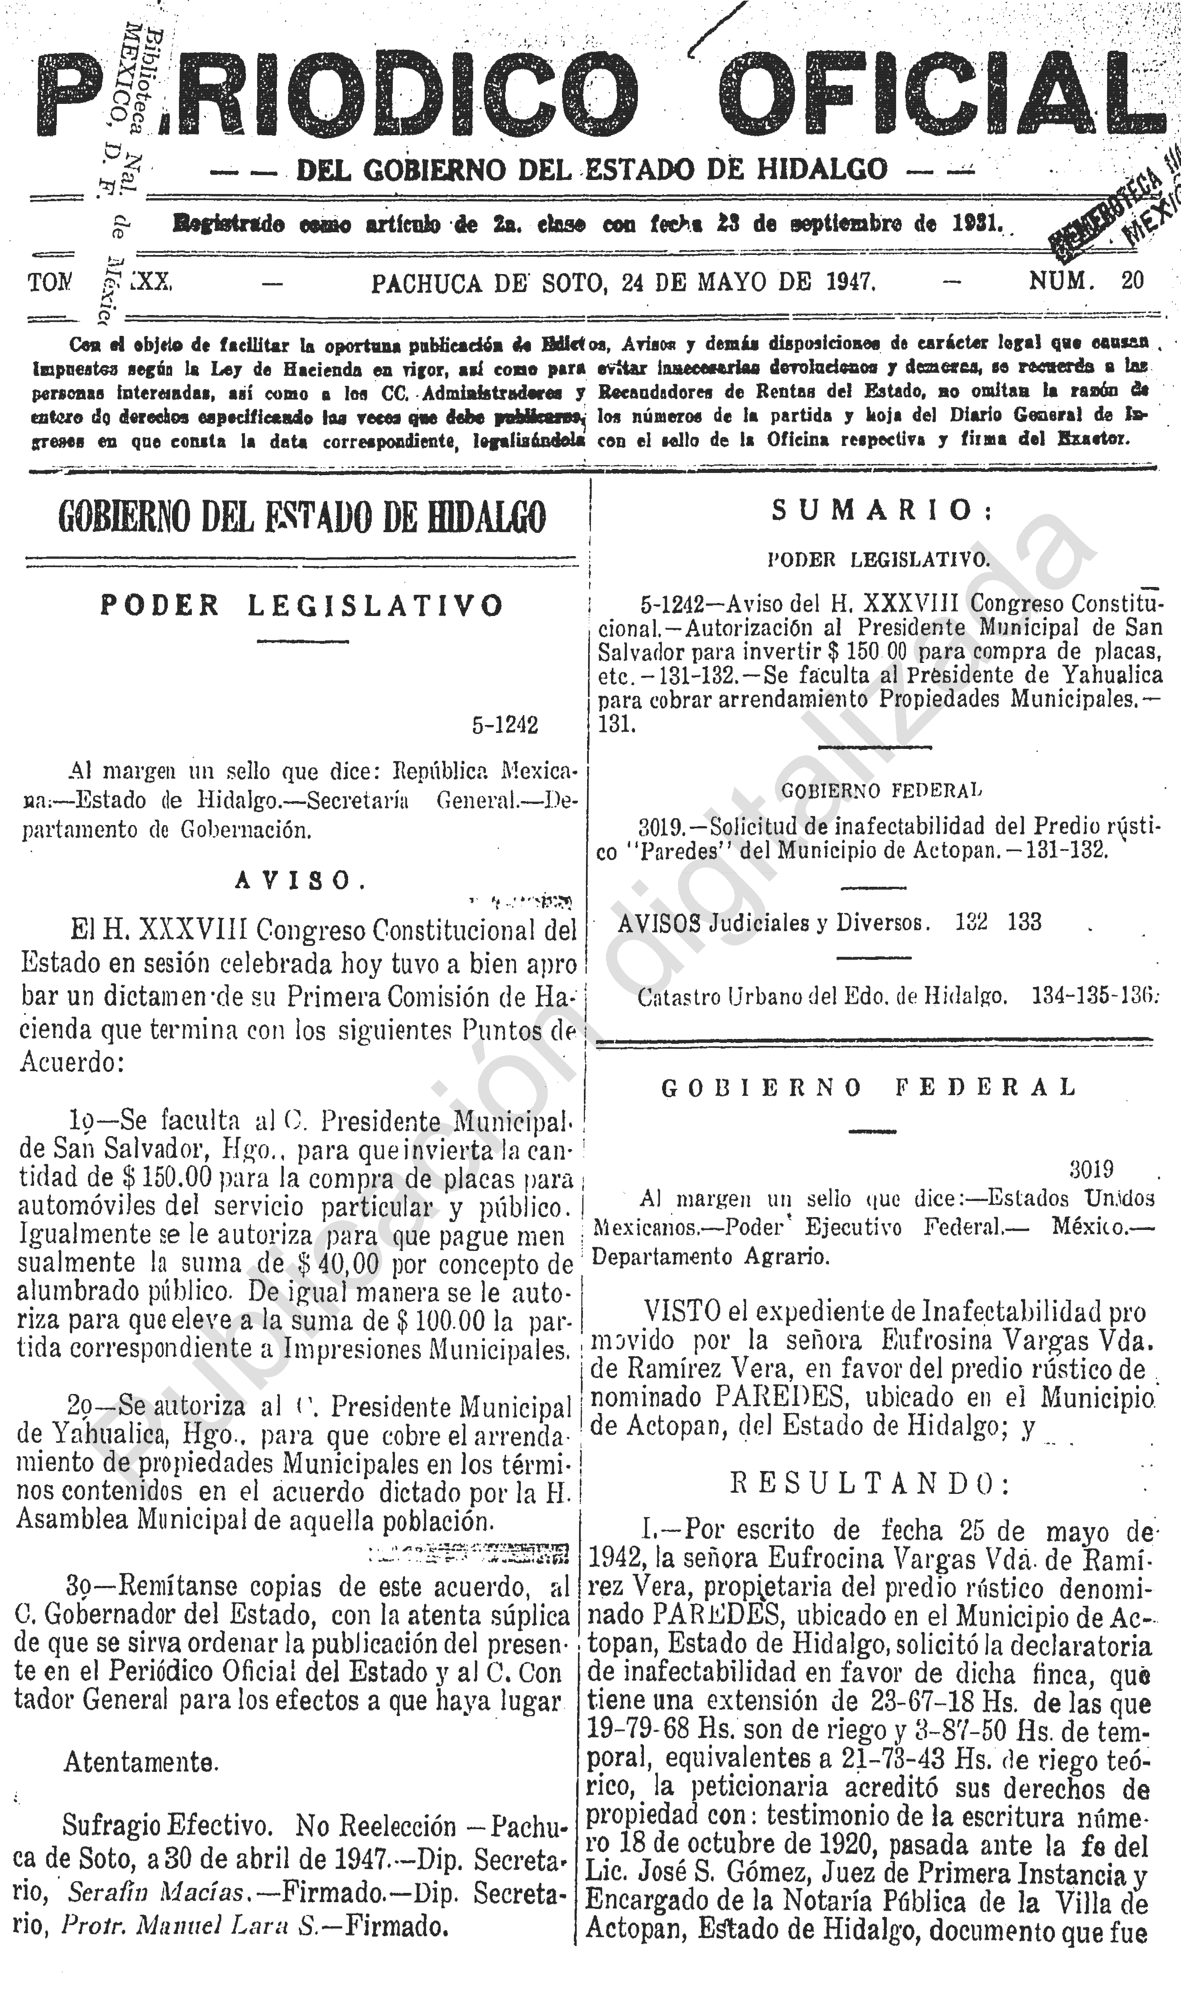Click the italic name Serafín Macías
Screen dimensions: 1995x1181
(155, 1892)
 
